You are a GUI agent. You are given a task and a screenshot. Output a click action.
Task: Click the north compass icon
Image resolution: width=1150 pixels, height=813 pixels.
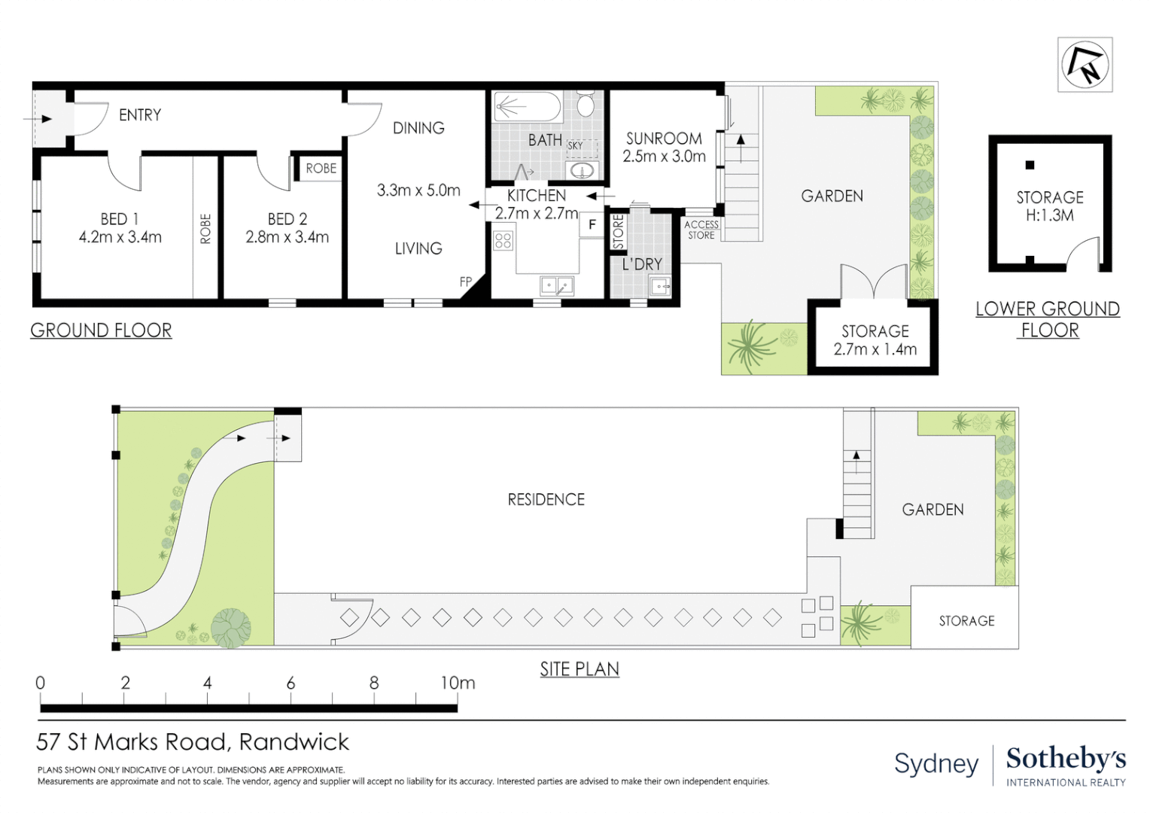click(x=1085, y=64)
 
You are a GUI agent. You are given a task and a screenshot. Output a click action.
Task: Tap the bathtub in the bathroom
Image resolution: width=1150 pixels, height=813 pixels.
click(x=527, y=107)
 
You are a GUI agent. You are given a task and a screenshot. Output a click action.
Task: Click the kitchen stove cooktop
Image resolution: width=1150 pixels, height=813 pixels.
click(x=503, y=241)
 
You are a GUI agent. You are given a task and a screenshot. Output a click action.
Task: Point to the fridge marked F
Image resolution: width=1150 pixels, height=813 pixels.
click(x=592, y=224)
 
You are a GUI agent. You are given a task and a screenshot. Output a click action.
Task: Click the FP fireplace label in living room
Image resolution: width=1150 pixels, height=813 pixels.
click(x=466, y=282)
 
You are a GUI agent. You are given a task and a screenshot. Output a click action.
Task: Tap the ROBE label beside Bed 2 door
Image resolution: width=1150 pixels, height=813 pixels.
click(x=321, y=169)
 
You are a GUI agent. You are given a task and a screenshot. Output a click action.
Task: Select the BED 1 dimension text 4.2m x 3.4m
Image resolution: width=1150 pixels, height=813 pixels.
click(x=120, y=237)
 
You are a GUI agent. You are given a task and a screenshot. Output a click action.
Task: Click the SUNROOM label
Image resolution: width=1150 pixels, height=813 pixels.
click(x=664, y=139)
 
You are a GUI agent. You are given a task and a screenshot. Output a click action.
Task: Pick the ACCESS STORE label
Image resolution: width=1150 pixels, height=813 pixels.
click(x=701, y=230)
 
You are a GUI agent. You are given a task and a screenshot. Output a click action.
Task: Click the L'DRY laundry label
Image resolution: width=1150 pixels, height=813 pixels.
click(x=641, y=264)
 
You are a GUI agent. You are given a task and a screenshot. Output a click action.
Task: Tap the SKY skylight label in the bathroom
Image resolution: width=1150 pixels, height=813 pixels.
click(x=575, y=145)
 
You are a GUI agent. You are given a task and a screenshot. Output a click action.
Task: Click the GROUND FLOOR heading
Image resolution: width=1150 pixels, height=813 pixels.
click(x=101, y=330)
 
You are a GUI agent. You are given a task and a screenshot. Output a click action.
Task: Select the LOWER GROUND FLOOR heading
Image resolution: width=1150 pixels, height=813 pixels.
click(x=1048, y=319)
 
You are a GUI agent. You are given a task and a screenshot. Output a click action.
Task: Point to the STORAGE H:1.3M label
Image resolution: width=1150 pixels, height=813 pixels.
click(x=1050, y=206)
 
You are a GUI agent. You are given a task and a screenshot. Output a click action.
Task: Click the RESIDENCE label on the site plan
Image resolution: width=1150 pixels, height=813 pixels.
click(x=546, y=500)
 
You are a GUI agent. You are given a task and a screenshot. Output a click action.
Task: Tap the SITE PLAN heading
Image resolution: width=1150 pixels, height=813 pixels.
click(x=580, y=669)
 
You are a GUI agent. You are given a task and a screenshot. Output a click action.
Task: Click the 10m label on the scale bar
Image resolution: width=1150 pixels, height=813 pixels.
click(x=458, y=683)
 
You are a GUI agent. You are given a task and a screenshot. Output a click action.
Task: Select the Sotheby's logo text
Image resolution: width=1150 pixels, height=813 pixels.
click(x=1066, y=759)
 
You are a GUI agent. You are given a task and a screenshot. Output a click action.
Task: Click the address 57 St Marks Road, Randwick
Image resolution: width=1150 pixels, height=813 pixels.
click(x=193, y=742)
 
